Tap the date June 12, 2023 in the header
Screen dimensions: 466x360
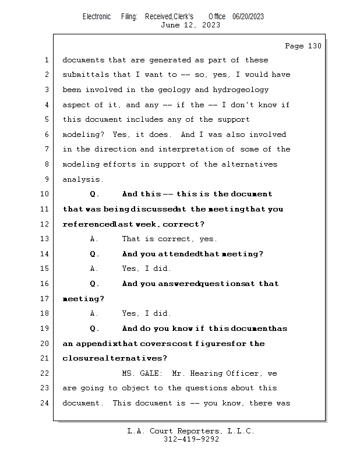190,25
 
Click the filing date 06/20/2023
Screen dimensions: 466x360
248,17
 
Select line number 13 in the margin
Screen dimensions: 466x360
46,239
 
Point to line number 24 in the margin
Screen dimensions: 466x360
46,403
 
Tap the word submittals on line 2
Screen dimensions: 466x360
86,75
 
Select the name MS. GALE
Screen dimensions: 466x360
143,373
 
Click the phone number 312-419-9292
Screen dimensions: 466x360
190,439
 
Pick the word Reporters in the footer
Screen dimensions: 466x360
193,431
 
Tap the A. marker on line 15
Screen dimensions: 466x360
93,269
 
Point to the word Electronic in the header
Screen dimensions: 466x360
97,17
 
